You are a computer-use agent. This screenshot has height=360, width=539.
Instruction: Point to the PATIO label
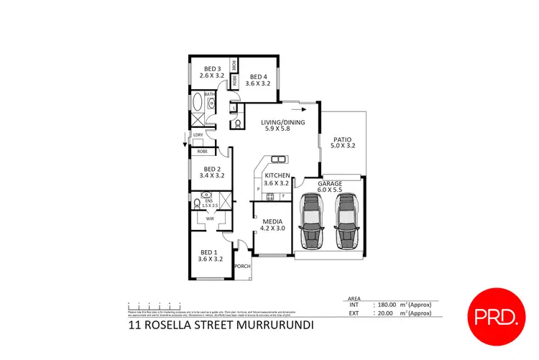tap(342, 142)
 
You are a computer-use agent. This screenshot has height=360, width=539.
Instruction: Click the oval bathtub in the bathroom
tap(197, 103)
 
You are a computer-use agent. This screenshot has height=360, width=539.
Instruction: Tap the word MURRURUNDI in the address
tap(277, 325)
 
